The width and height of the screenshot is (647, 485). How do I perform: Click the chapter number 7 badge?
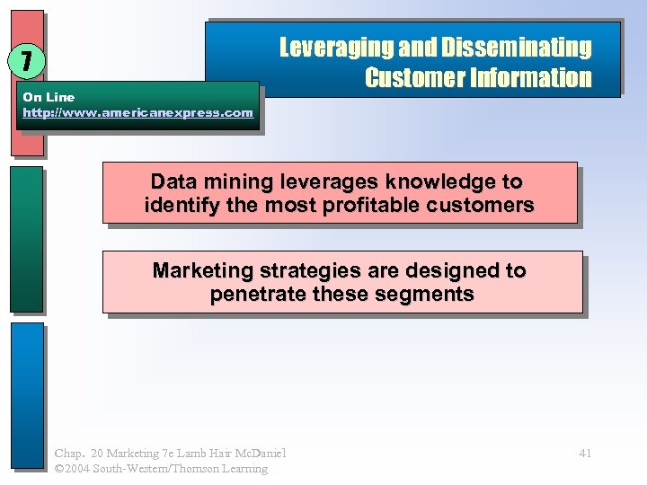pos(28,61)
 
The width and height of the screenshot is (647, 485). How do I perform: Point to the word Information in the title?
pos(530,78)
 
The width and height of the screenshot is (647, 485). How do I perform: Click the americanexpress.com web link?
pos(137,112)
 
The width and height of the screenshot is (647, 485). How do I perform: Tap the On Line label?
pos(49,96)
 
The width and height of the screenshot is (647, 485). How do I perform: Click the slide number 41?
pos(585,453)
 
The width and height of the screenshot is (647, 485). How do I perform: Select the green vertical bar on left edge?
pos(27,238)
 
